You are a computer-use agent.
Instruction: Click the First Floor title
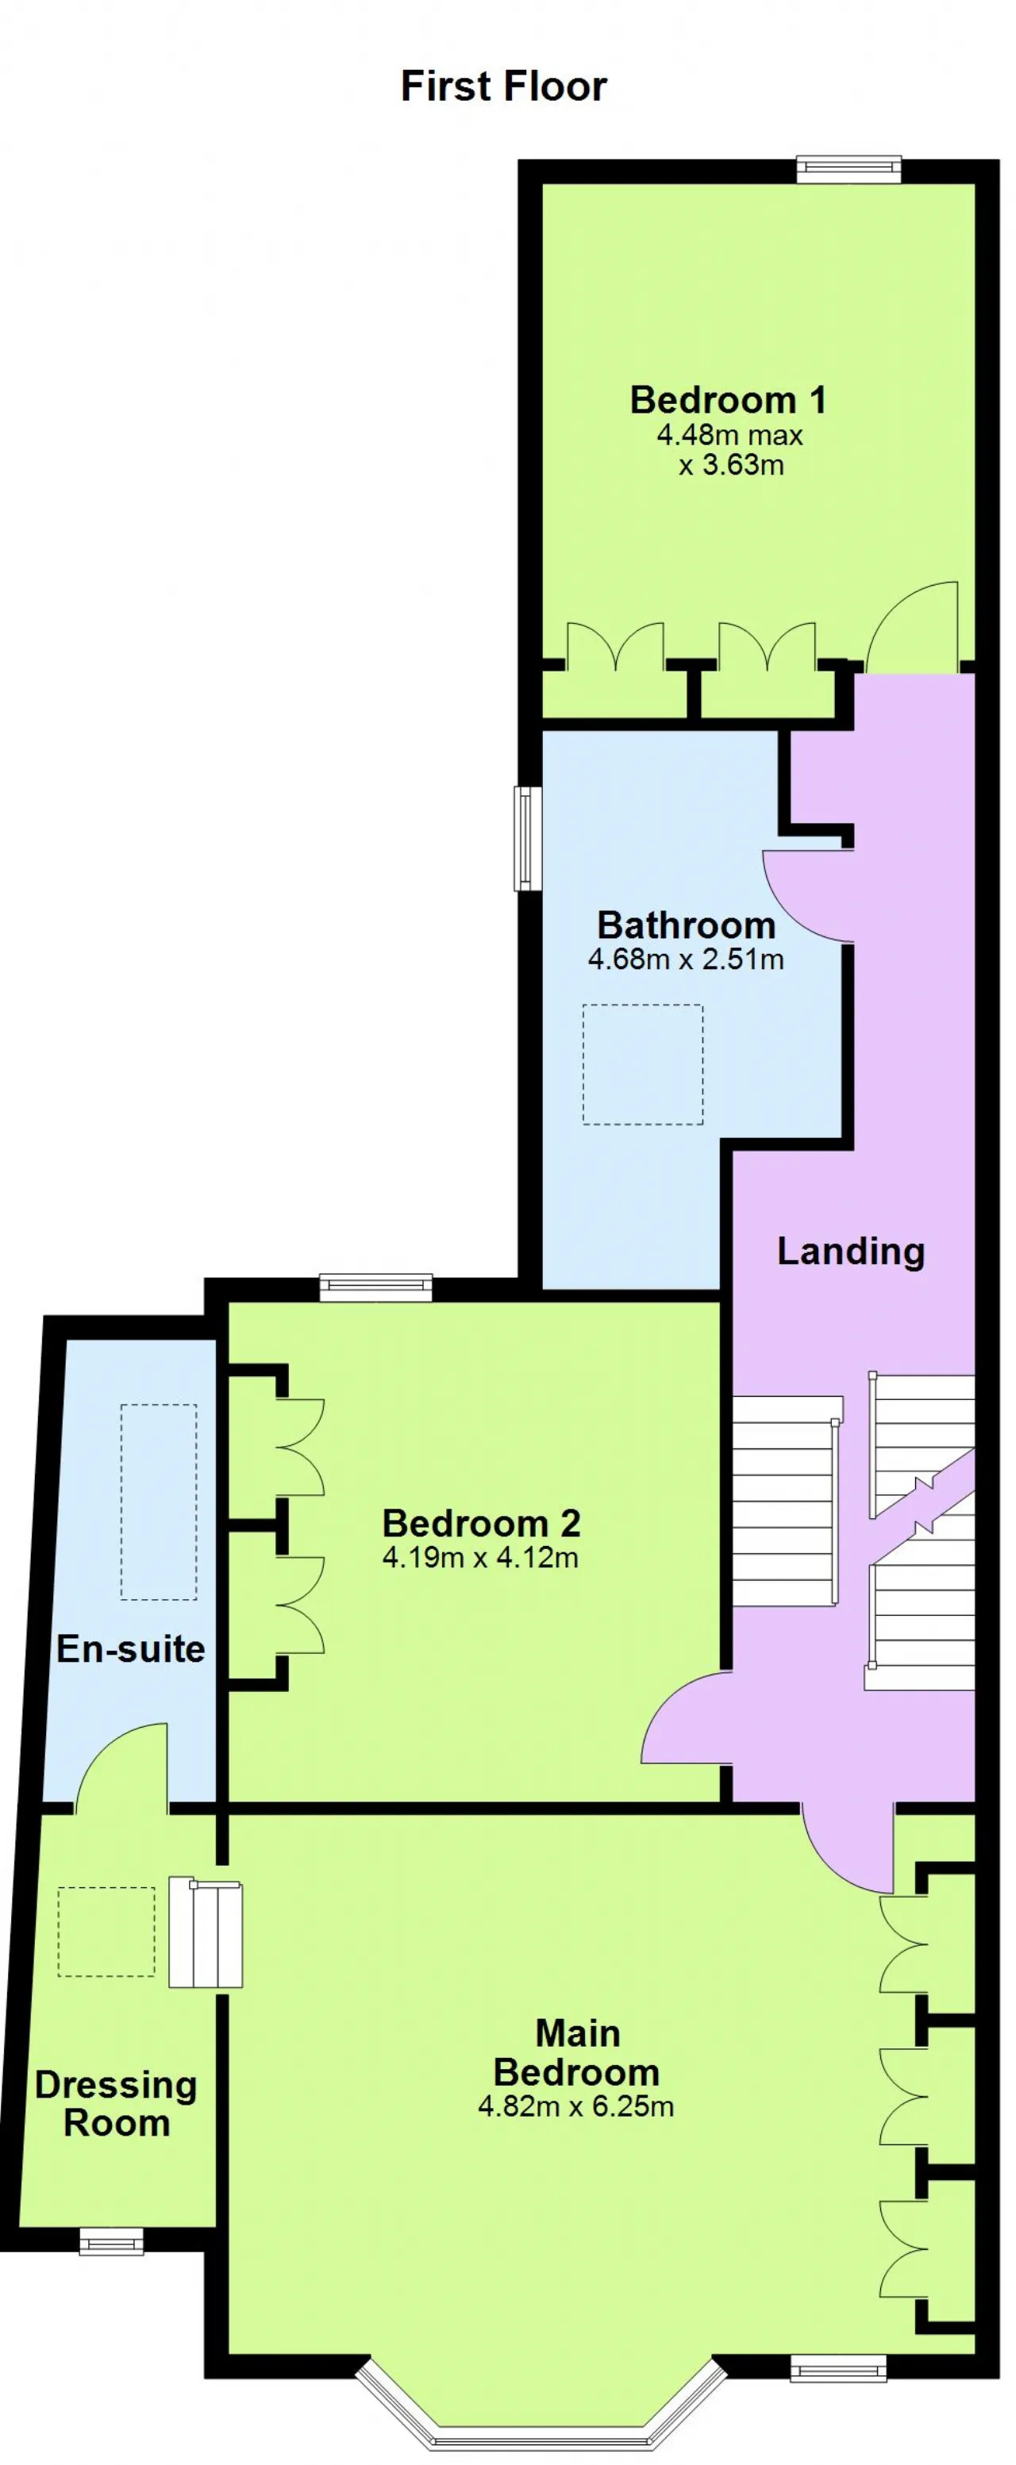(503, 87)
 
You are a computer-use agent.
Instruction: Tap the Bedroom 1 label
(727, 400)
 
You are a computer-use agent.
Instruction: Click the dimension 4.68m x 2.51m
(686, 959)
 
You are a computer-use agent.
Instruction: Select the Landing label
(850, 1252)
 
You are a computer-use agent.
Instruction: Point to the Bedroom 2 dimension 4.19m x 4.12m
(480, 1557)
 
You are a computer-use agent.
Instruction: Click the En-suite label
(131, 1648)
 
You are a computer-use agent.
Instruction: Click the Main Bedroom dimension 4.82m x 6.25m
(576, 2106)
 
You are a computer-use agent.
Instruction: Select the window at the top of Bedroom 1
(849, 169)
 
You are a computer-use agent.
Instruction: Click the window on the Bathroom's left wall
(528, 838)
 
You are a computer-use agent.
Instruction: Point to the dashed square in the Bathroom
(643, 1064)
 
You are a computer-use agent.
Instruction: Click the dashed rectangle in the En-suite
(159, 1502)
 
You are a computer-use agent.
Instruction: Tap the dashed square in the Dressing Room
(106, 1931)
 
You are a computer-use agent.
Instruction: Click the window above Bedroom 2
(376, 1288)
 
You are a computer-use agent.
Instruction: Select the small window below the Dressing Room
(111, 2241)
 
